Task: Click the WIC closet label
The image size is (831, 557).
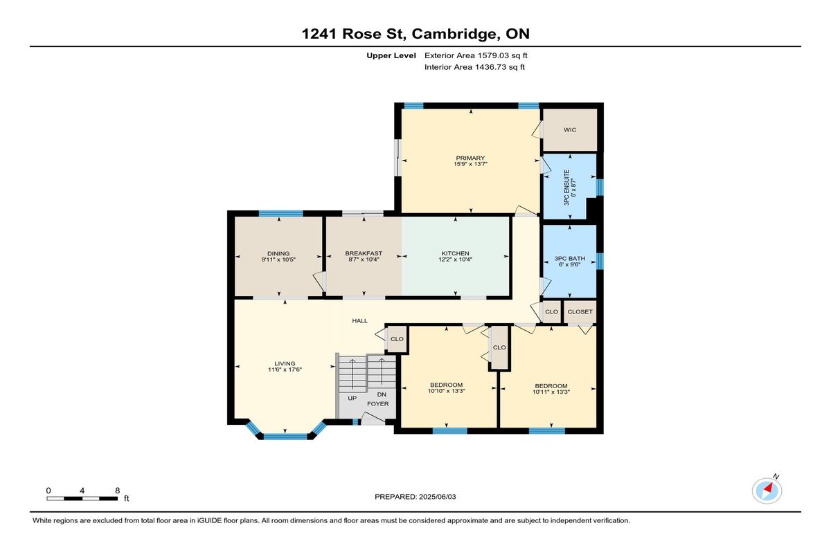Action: click(570, 129)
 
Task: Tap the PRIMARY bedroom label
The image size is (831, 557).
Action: click(470, 158)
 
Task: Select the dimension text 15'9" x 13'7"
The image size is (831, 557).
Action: click(470, 164)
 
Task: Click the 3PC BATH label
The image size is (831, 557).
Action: click(569, 258)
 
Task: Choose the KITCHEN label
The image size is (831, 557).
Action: click(455, 253)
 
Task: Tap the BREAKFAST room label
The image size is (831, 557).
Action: click(364, 253)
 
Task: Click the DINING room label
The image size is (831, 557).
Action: click(278, 254)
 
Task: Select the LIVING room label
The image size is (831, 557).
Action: click(285, 363)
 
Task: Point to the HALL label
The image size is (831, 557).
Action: click(360, 321)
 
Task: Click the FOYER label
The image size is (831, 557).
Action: click(378, 404)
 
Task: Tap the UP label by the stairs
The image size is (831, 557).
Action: click(352, 398)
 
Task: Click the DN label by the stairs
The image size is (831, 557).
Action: click(382, 394)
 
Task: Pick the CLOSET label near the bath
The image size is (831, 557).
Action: click(580, 311)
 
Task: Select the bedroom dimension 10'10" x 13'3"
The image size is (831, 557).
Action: click(446, 391)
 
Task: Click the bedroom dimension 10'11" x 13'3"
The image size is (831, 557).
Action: click(551, 392)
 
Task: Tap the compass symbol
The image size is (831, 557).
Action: click(767, 491)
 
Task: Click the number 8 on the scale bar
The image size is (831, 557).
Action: click(117, 491)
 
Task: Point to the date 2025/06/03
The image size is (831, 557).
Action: click(438, 497)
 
